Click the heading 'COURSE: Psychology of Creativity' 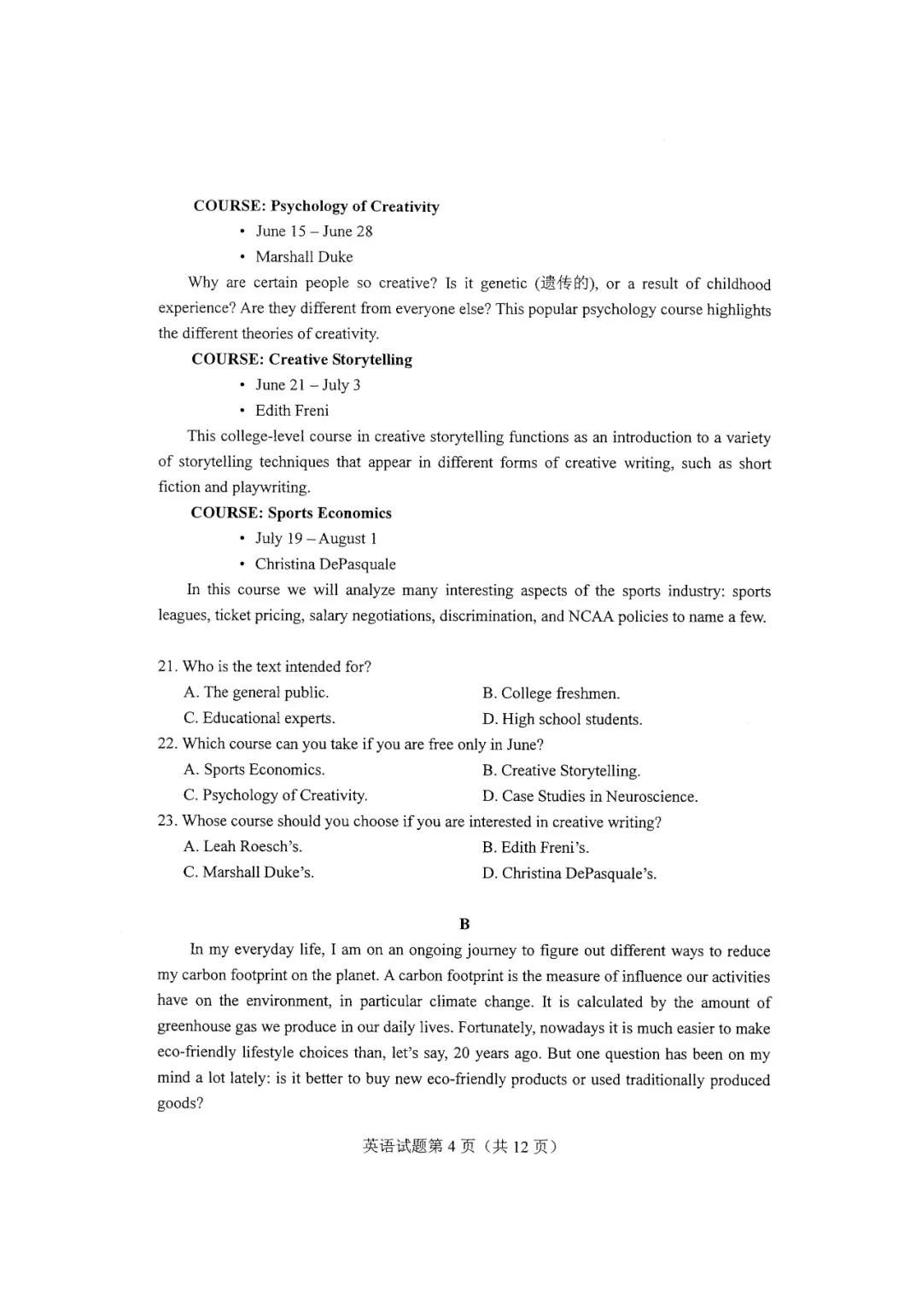coord(316,206)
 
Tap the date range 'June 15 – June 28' coord(313,231)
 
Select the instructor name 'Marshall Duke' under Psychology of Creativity coord(304,257)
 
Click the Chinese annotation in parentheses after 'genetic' coord(564,283)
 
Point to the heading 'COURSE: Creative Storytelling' coord(301,359)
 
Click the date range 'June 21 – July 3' coord(307,385)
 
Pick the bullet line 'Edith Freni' coord(292,411)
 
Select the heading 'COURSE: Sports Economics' coord(291,513)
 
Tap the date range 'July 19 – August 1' coord(315,539)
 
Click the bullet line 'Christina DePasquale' coord(325,564)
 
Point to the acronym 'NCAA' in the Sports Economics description coord(591,616)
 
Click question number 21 coord(166,667)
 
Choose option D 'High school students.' coord(562,719)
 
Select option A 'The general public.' coord(256,692)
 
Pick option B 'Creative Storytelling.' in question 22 coord(561,770)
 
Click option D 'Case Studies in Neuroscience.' coord(589,796)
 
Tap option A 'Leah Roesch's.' coord(242,847)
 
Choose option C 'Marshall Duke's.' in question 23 coord(248,873)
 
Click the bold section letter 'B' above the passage coord(464,924)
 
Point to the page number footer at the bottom coord(460,1147)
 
